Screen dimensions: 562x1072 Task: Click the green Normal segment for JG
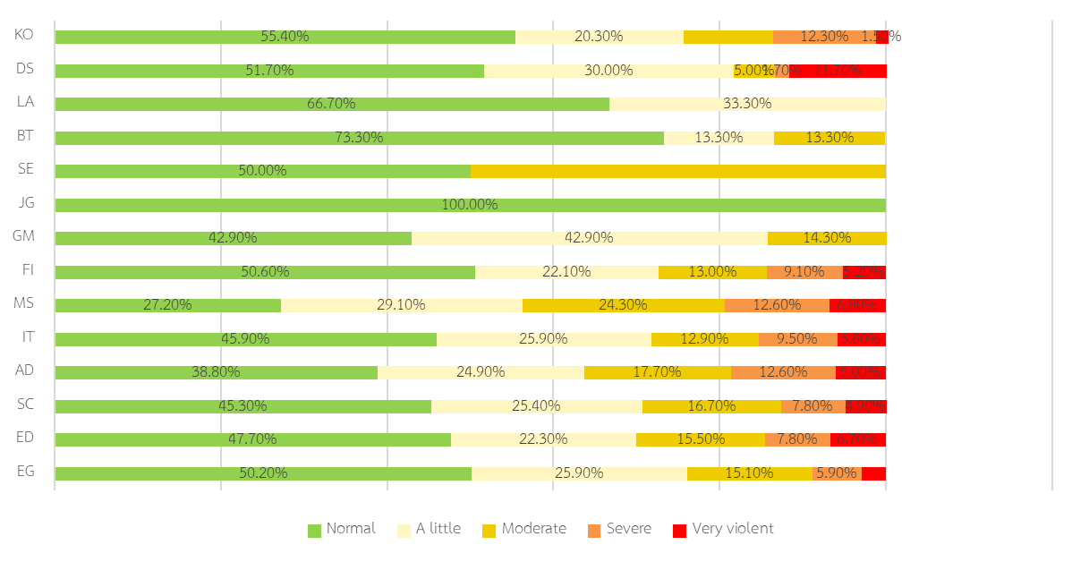470,205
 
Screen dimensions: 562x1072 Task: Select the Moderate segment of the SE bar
677,171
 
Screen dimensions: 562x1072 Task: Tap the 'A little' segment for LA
747,104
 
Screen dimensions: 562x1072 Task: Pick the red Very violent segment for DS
838,71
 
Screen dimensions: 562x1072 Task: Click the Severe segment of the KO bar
823,37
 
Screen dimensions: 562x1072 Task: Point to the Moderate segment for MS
623,305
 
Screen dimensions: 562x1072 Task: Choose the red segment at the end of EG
873,473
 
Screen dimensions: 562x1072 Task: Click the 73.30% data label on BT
359,138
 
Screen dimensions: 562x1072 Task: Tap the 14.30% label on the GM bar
827,238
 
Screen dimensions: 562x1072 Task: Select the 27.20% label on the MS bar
167,305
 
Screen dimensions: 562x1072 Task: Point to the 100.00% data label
470,205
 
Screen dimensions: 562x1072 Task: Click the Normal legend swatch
314,531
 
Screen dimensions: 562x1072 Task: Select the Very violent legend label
733,529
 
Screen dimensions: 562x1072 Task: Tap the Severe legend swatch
594,531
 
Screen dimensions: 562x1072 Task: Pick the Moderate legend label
533,529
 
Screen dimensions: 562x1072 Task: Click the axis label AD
25,370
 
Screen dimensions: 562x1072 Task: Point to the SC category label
25,404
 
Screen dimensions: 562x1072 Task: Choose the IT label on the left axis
28,336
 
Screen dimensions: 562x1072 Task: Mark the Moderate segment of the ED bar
700,439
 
